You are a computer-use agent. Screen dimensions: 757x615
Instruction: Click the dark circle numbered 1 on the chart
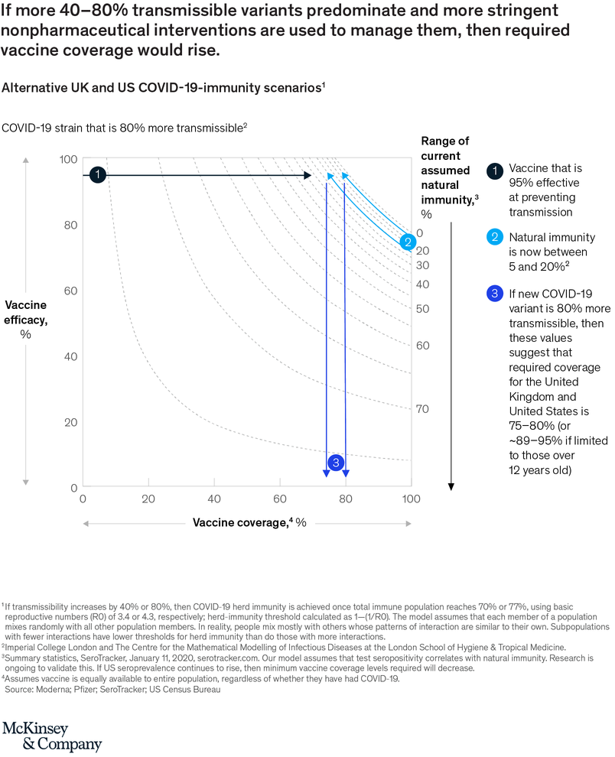point(97,175)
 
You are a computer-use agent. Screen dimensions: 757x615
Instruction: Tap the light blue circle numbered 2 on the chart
point(408,242)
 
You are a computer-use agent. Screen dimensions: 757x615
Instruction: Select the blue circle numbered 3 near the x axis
point(336,463)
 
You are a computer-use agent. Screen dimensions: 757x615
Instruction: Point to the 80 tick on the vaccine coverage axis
point(346,499)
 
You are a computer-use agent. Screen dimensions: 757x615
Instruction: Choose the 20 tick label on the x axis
point(148,499)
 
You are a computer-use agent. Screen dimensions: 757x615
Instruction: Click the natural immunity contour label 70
point(422,409)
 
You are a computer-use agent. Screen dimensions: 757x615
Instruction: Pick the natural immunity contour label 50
point(422,308)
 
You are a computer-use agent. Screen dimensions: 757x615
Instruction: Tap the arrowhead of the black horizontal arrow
point(307,175)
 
